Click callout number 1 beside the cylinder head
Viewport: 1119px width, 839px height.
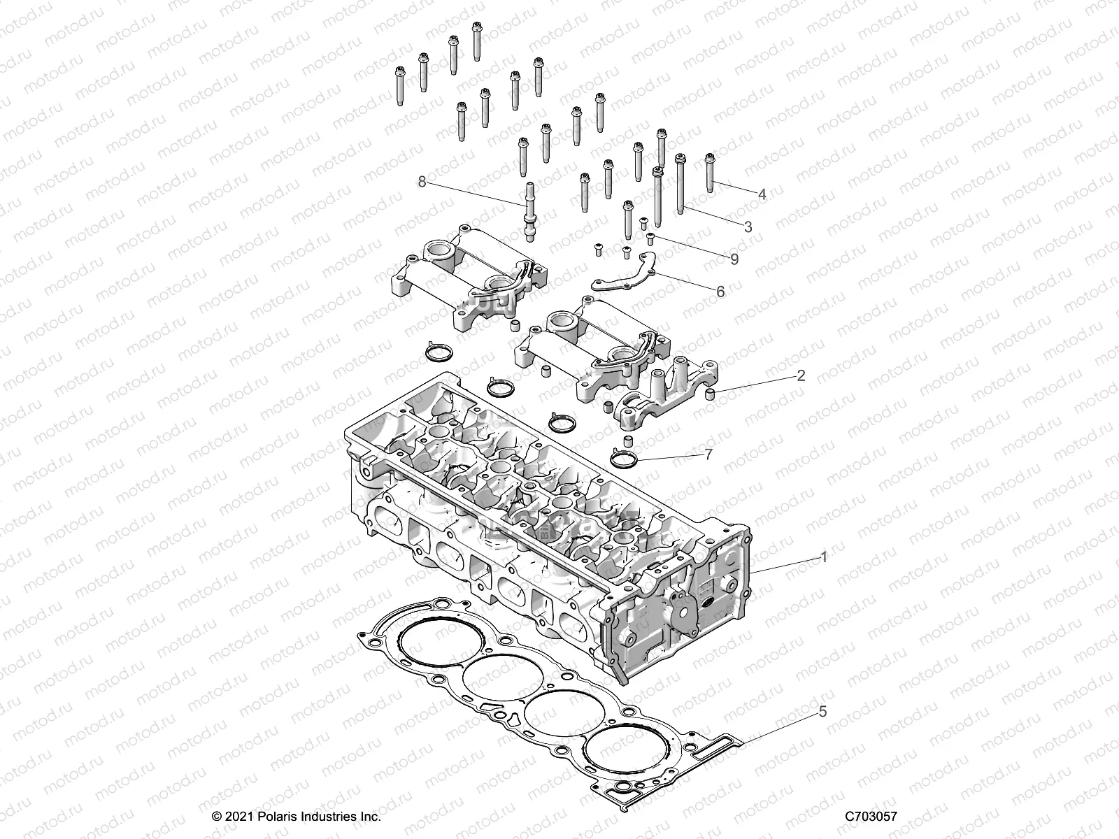coord(824,557)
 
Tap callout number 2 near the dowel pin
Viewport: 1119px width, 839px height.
coord(801,375)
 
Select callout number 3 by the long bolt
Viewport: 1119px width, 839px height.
coord(748,227)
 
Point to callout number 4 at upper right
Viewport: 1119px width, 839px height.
coord(762,194)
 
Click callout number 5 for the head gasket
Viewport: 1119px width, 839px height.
coord(822,712)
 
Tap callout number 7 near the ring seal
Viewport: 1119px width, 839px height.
coord(708,455)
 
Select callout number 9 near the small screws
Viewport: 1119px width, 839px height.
coord(734,259)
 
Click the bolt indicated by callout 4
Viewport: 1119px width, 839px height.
coord(710,172)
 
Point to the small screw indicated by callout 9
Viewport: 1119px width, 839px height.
coord(650,238)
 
